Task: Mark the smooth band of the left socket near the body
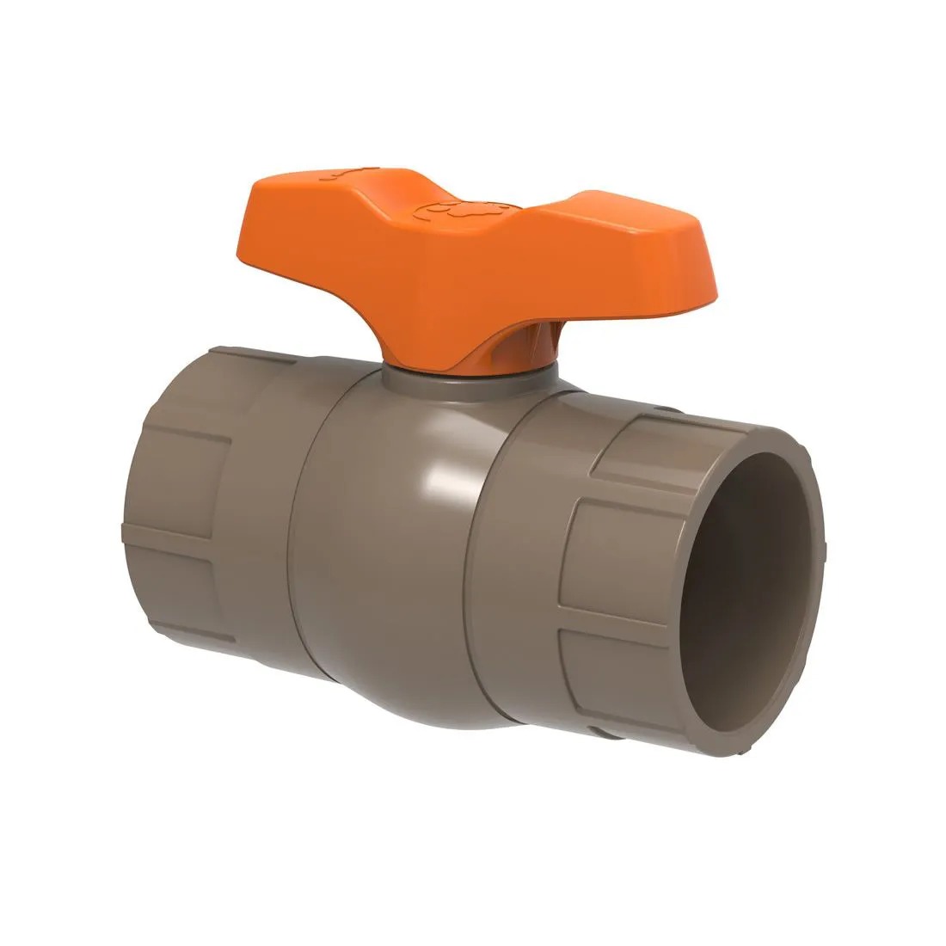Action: [x=258, y=516]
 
